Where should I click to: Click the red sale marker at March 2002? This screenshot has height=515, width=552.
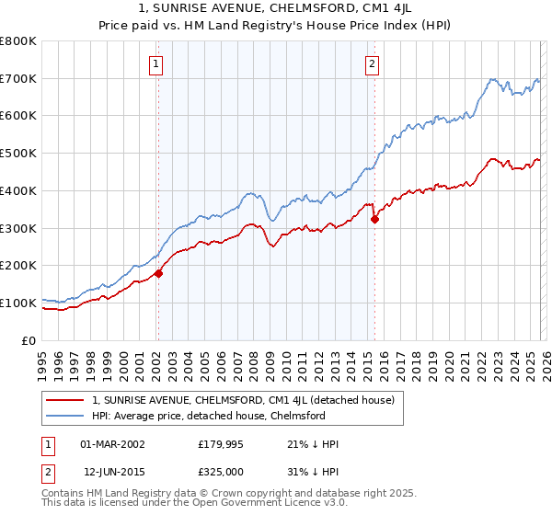coord(158,273)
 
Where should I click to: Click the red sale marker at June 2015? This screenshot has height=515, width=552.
coord(374,219)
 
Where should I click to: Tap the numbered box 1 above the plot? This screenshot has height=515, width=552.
coord(156,64)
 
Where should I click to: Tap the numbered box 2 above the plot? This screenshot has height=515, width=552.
coord(373,64)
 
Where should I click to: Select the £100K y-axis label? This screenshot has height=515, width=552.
coord(18,303)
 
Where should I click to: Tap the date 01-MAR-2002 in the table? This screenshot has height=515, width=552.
coord(112,444)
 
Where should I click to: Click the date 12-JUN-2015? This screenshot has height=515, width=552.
coord(112,472)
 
